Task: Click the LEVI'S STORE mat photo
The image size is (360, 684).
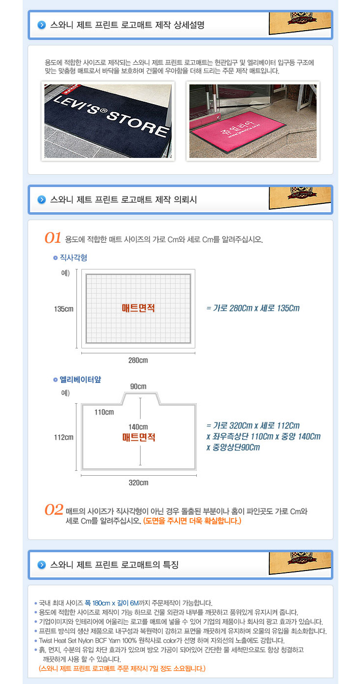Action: point(108,121)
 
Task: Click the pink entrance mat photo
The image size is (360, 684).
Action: point(253,121)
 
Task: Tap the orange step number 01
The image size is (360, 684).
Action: point(53,238)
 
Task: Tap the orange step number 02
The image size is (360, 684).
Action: point(54,510)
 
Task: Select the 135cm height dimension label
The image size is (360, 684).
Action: point(64,309)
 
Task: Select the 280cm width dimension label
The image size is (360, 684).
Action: point(138,360)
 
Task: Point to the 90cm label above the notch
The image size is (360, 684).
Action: point(138,386)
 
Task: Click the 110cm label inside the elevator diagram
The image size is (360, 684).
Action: point(104,412)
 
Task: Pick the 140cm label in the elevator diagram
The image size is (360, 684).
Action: point(138,427)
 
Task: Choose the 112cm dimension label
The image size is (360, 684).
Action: point(64,437)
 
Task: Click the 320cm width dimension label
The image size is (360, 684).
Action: point(139,483)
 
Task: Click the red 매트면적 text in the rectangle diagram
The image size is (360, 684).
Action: point(138,308)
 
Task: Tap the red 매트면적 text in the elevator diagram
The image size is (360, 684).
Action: point(139,437)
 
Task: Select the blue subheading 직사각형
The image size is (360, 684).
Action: point(73,258)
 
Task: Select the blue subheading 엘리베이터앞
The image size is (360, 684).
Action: point(80,380)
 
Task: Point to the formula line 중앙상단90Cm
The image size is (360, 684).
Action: point(236,447)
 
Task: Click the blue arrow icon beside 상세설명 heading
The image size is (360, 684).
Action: point(41,25)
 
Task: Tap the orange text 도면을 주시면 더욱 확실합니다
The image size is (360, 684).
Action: point(192,521)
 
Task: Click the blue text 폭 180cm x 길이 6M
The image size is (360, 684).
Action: point(111,603)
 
